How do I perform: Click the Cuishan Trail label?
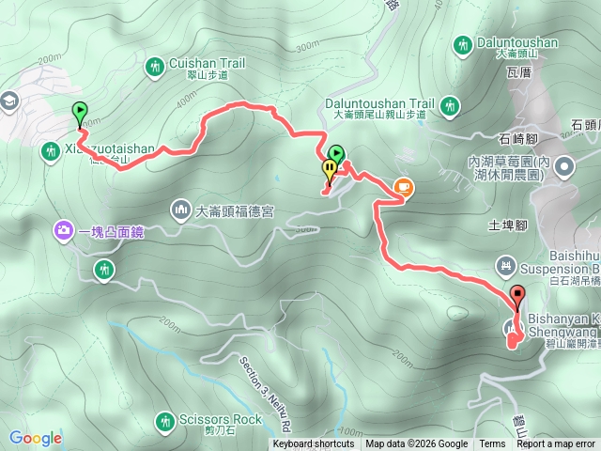coord(208,64)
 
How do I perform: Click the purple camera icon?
coord(64,228)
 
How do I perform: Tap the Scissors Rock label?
coord(223,419)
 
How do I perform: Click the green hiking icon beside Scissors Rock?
coord(166,420)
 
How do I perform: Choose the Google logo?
coord(35,438)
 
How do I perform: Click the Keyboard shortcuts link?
coord(314,444)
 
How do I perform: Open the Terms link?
coord(492,444)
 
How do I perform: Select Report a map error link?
coord(558,444)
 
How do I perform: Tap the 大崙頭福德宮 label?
coord(235,211)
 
